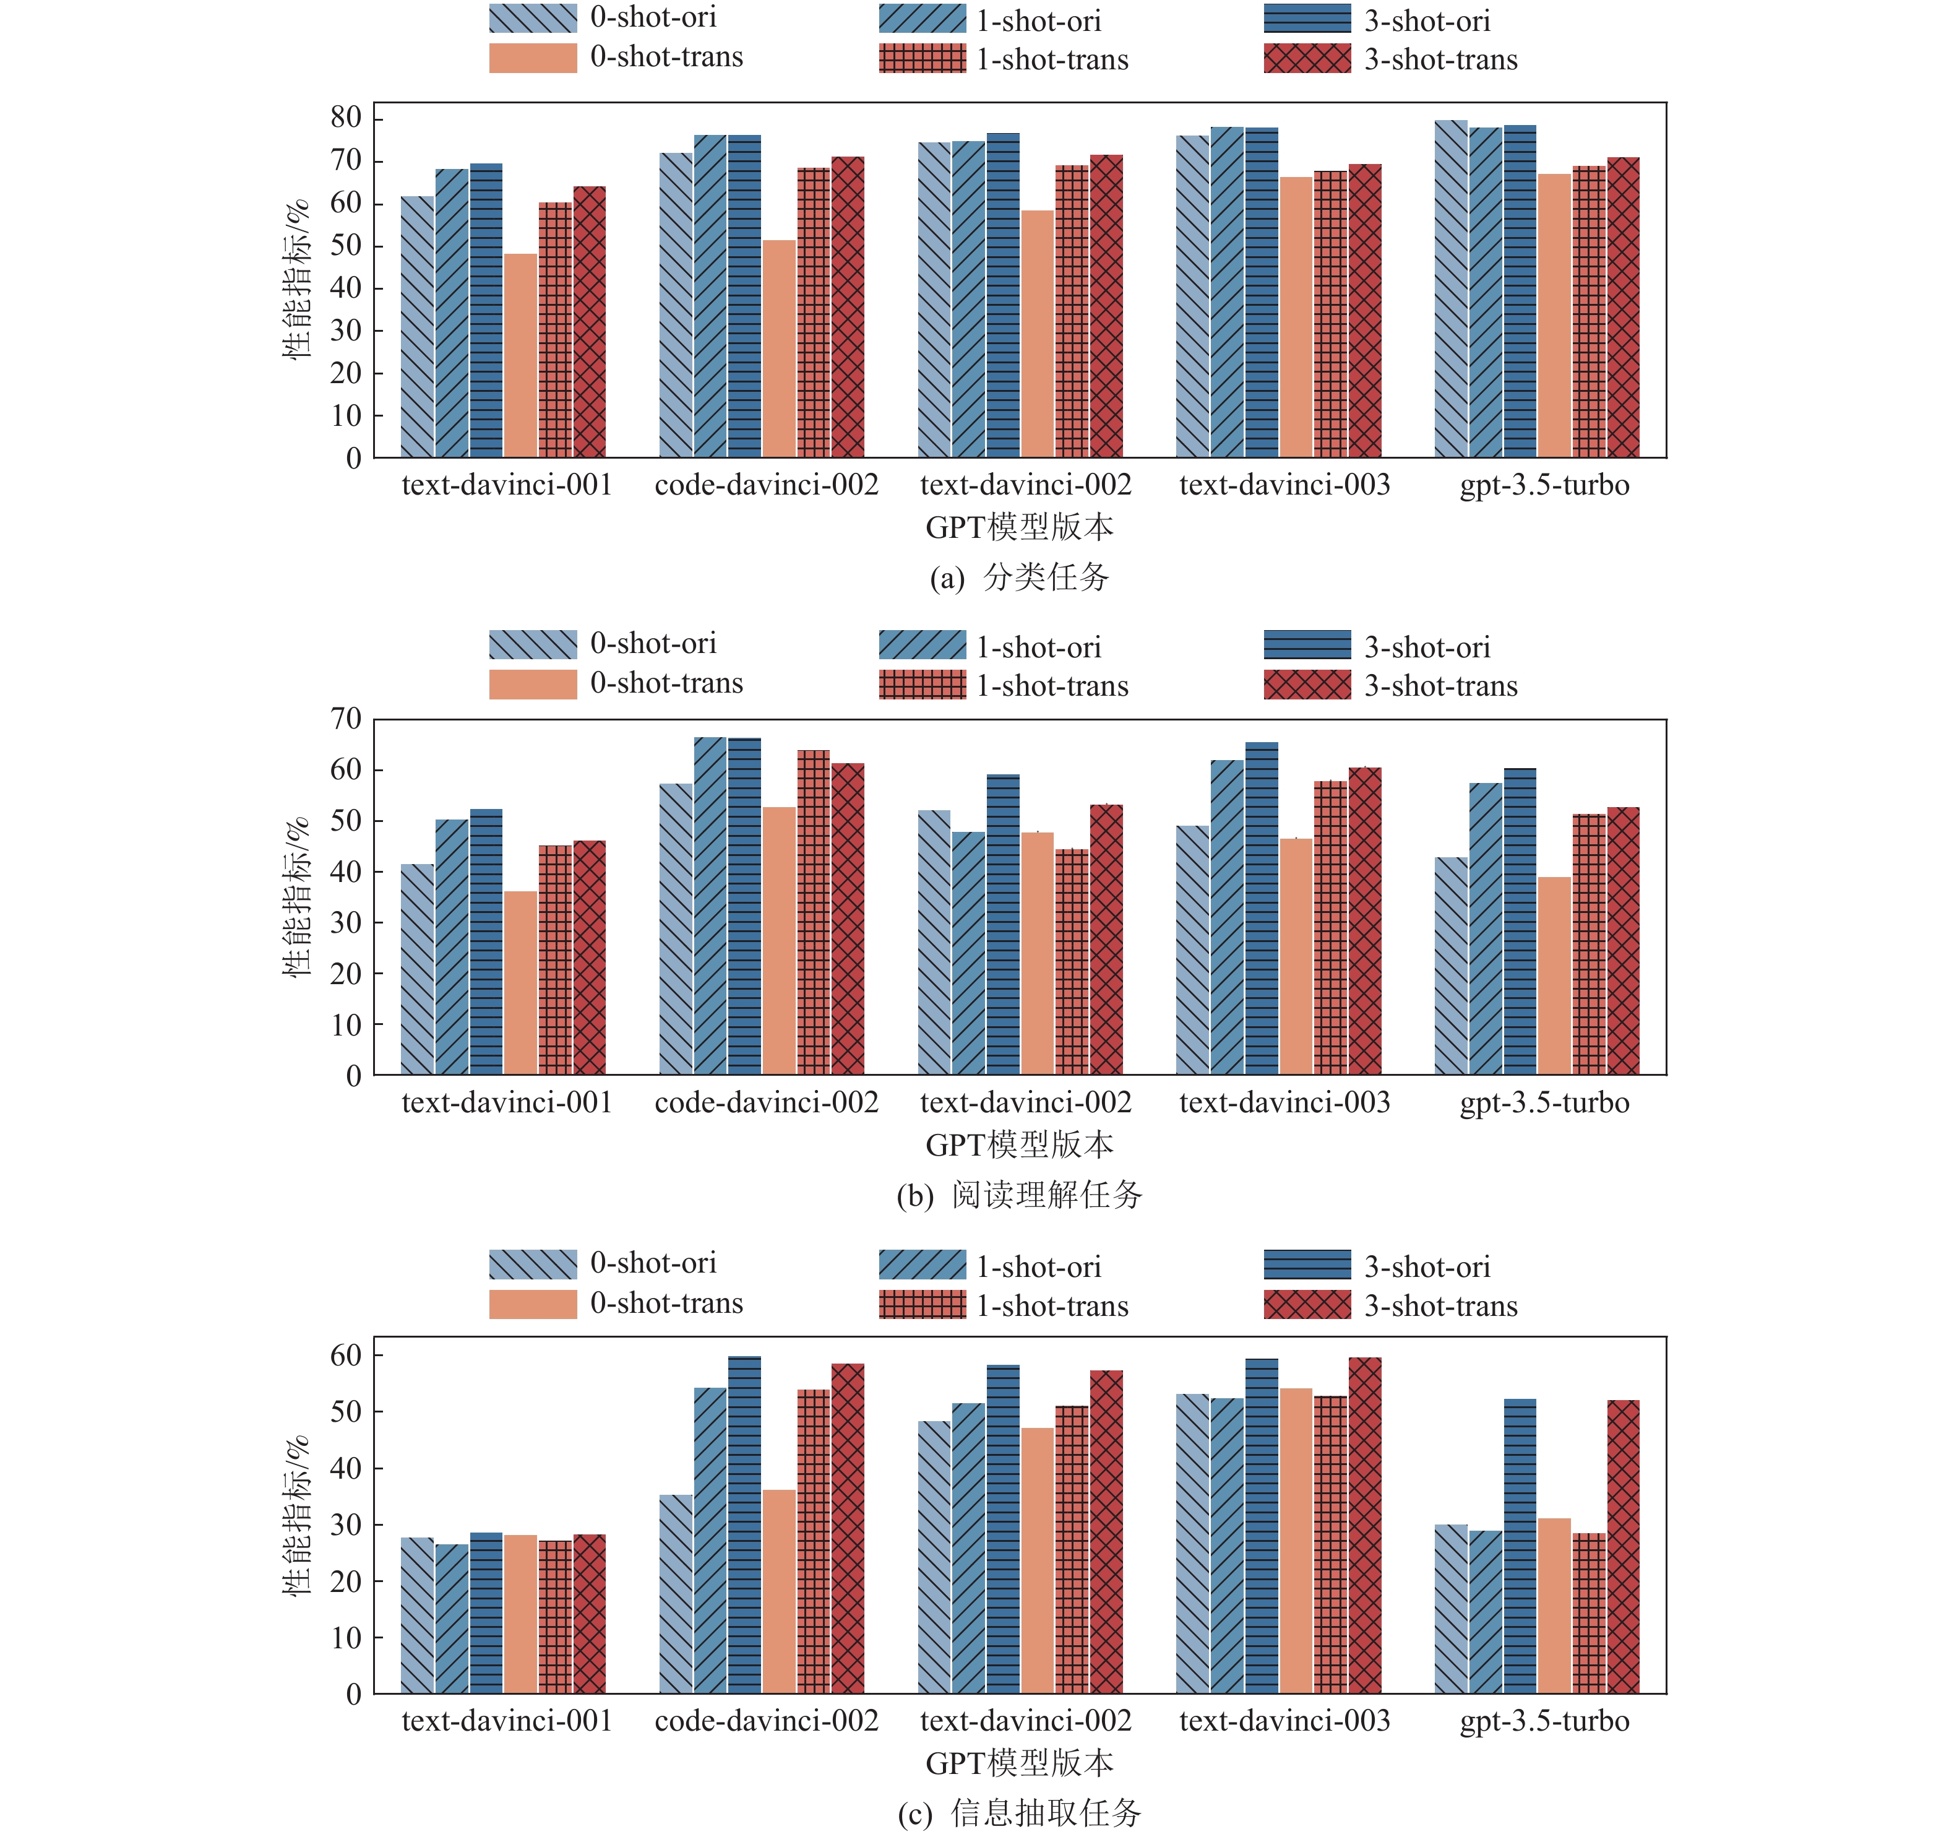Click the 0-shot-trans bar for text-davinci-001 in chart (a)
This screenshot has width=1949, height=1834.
520,355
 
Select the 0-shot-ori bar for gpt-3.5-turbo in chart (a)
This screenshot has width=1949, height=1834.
1451,288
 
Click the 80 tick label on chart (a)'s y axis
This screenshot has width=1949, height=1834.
346,118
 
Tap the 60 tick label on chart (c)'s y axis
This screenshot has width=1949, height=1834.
346,1356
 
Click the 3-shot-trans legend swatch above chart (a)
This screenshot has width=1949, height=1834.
1307,59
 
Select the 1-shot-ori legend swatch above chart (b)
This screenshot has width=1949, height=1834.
921,646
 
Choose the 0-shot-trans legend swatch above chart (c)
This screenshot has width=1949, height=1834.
532,1304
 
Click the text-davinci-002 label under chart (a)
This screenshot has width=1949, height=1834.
1025,485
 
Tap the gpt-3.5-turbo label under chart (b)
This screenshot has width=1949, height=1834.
1544,1102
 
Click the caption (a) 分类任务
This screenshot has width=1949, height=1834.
1020,577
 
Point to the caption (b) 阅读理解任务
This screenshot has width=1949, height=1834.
1020,1195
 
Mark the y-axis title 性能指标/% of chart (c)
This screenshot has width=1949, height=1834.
296,1515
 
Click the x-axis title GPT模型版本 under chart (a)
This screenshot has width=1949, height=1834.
1020,527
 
